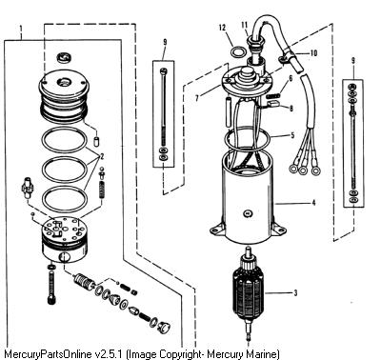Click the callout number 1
[x=21, y=30]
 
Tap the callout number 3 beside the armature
[x=296, y=292]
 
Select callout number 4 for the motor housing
[x=314, y=203]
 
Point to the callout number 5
[x=292, y=135]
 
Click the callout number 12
[x=222, y=28]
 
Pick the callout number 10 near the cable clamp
[x=313, y=53]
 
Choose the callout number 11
[x=245, y=25]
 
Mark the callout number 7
[x=197, y=98]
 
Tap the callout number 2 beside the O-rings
[x=102, y=156]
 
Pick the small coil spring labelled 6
[x=274, y=94]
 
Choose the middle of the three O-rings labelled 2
[x=65, y=170]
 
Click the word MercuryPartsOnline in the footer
[x=48, y=354]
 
